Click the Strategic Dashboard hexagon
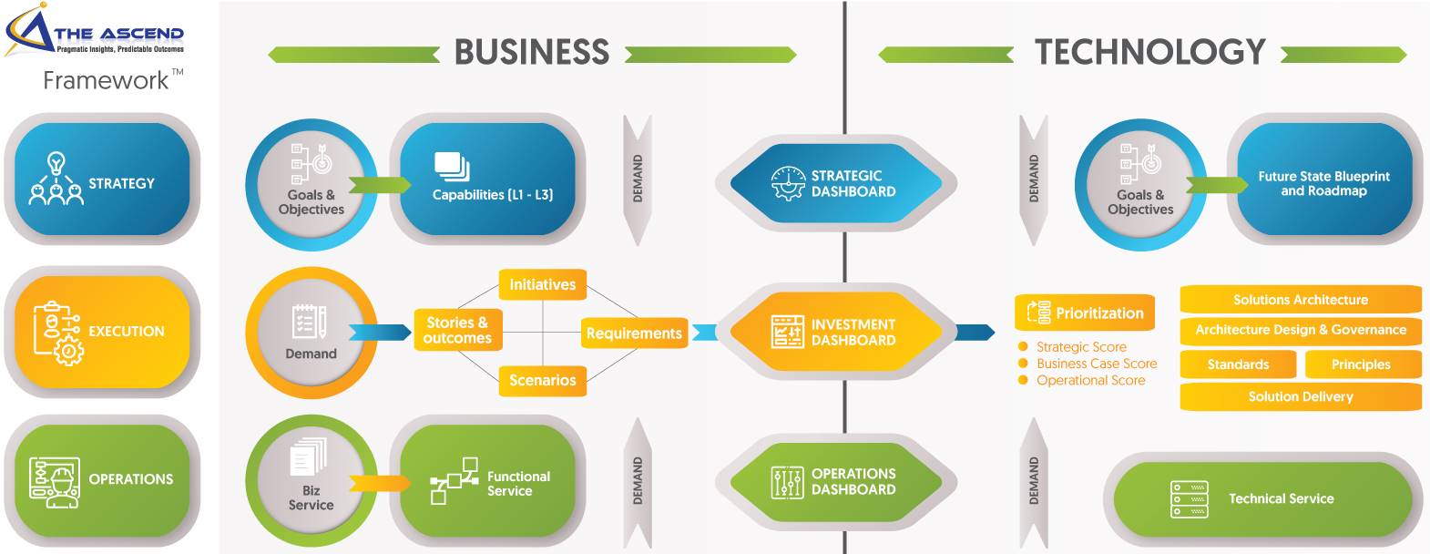coord(836,183)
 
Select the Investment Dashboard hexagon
coord(836,332)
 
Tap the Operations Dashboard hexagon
coord(836,481)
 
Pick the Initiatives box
coord(542,284)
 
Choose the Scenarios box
coord(542,380)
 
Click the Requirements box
coord(634,333)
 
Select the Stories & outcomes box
coord(457,330)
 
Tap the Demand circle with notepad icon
coord(311,333)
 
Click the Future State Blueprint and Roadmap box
coord(1323,183)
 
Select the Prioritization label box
coord(1085,313)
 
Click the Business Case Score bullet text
coord(1096,364)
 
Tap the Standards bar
coord(1238,364)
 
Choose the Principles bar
coord(1361,364)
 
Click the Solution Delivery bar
coord(1300,396)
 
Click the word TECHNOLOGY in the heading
coord(1149,52)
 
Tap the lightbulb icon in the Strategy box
coord(56,165)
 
